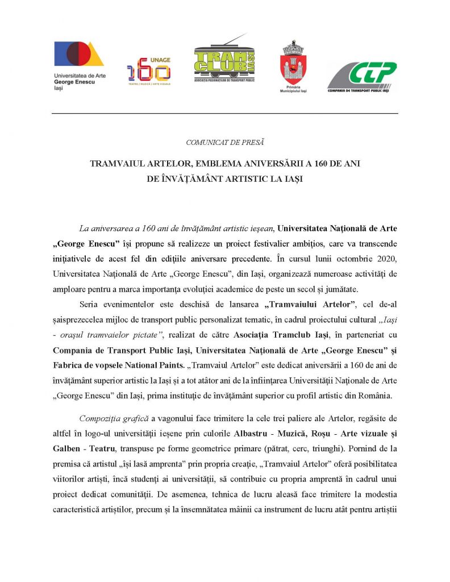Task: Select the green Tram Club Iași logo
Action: point(224,63)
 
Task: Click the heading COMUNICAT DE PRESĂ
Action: point(225,142)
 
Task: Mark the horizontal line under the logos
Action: point(225,114)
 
